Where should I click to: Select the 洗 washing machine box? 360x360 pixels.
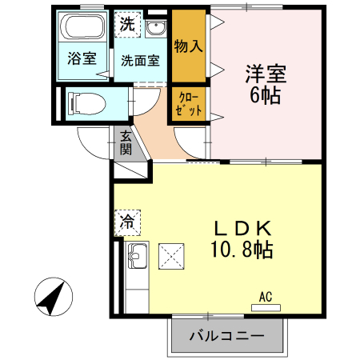[x=126, y=24]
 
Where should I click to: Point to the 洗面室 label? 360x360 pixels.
[x=139, y=60]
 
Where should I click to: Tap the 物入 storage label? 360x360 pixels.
[x=187, y=46]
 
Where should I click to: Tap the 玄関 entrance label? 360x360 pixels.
[x=126, y=142]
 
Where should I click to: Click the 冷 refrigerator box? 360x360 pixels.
[x=126, y=218]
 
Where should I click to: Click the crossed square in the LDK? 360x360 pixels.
[x=172, y=256]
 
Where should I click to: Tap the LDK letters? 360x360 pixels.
[x=232, y=227]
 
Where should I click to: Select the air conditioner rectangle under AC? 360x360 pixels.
[x=266, y=306]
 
